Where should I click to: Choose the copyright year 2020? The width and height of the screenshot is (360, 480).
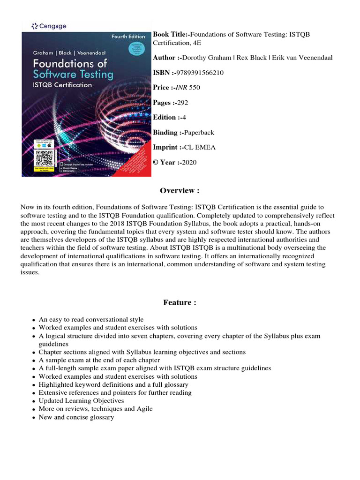(189, 162)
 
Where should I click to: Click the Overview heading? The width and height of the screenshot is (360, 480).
(180, 190)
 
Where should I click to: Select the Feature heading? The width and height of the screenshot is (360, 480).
(180, 302)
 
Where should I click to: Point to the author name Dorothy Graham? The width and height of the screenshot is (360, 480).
(202, 57)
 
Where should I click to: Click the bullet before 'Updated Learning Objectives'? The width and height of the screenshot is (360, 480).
(34, 401)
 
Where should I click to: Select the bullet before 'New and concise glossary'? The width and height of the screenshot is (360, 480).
(34, 418)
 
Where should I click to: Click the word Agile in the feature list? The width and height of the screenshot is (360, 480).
(143, 409)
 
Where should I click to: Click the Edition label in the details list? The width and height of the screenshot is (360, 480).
(165, 117)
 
